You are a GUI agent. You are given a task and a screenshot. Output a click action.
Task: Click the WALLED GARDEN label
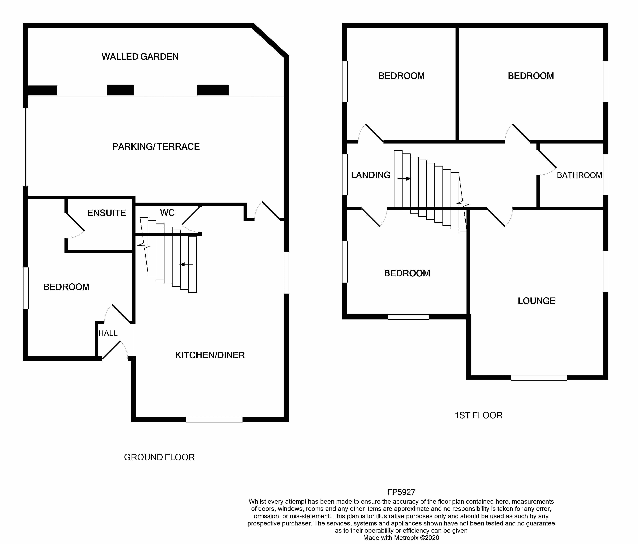point(140,57)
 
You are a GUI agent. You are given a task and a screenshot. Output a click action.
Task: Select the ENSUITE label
point(107,213)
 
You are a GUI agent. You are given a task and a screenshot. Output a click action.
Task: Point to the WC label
point(167,213)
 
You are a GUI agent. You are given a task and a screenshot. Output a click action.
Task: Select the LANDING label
point(371,175)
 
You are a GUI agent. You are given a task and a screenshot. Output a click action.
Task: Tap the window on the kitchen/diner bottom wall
point(214,420)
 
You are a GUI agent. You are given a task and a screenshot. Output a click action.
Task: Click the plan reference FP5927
point(401,492)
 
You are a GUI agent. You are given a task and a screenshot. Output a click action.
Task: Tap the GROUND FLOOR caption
point(159,457)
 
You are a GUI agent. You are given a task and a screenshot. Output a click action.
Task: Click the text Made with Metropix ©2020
point(401,538)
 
